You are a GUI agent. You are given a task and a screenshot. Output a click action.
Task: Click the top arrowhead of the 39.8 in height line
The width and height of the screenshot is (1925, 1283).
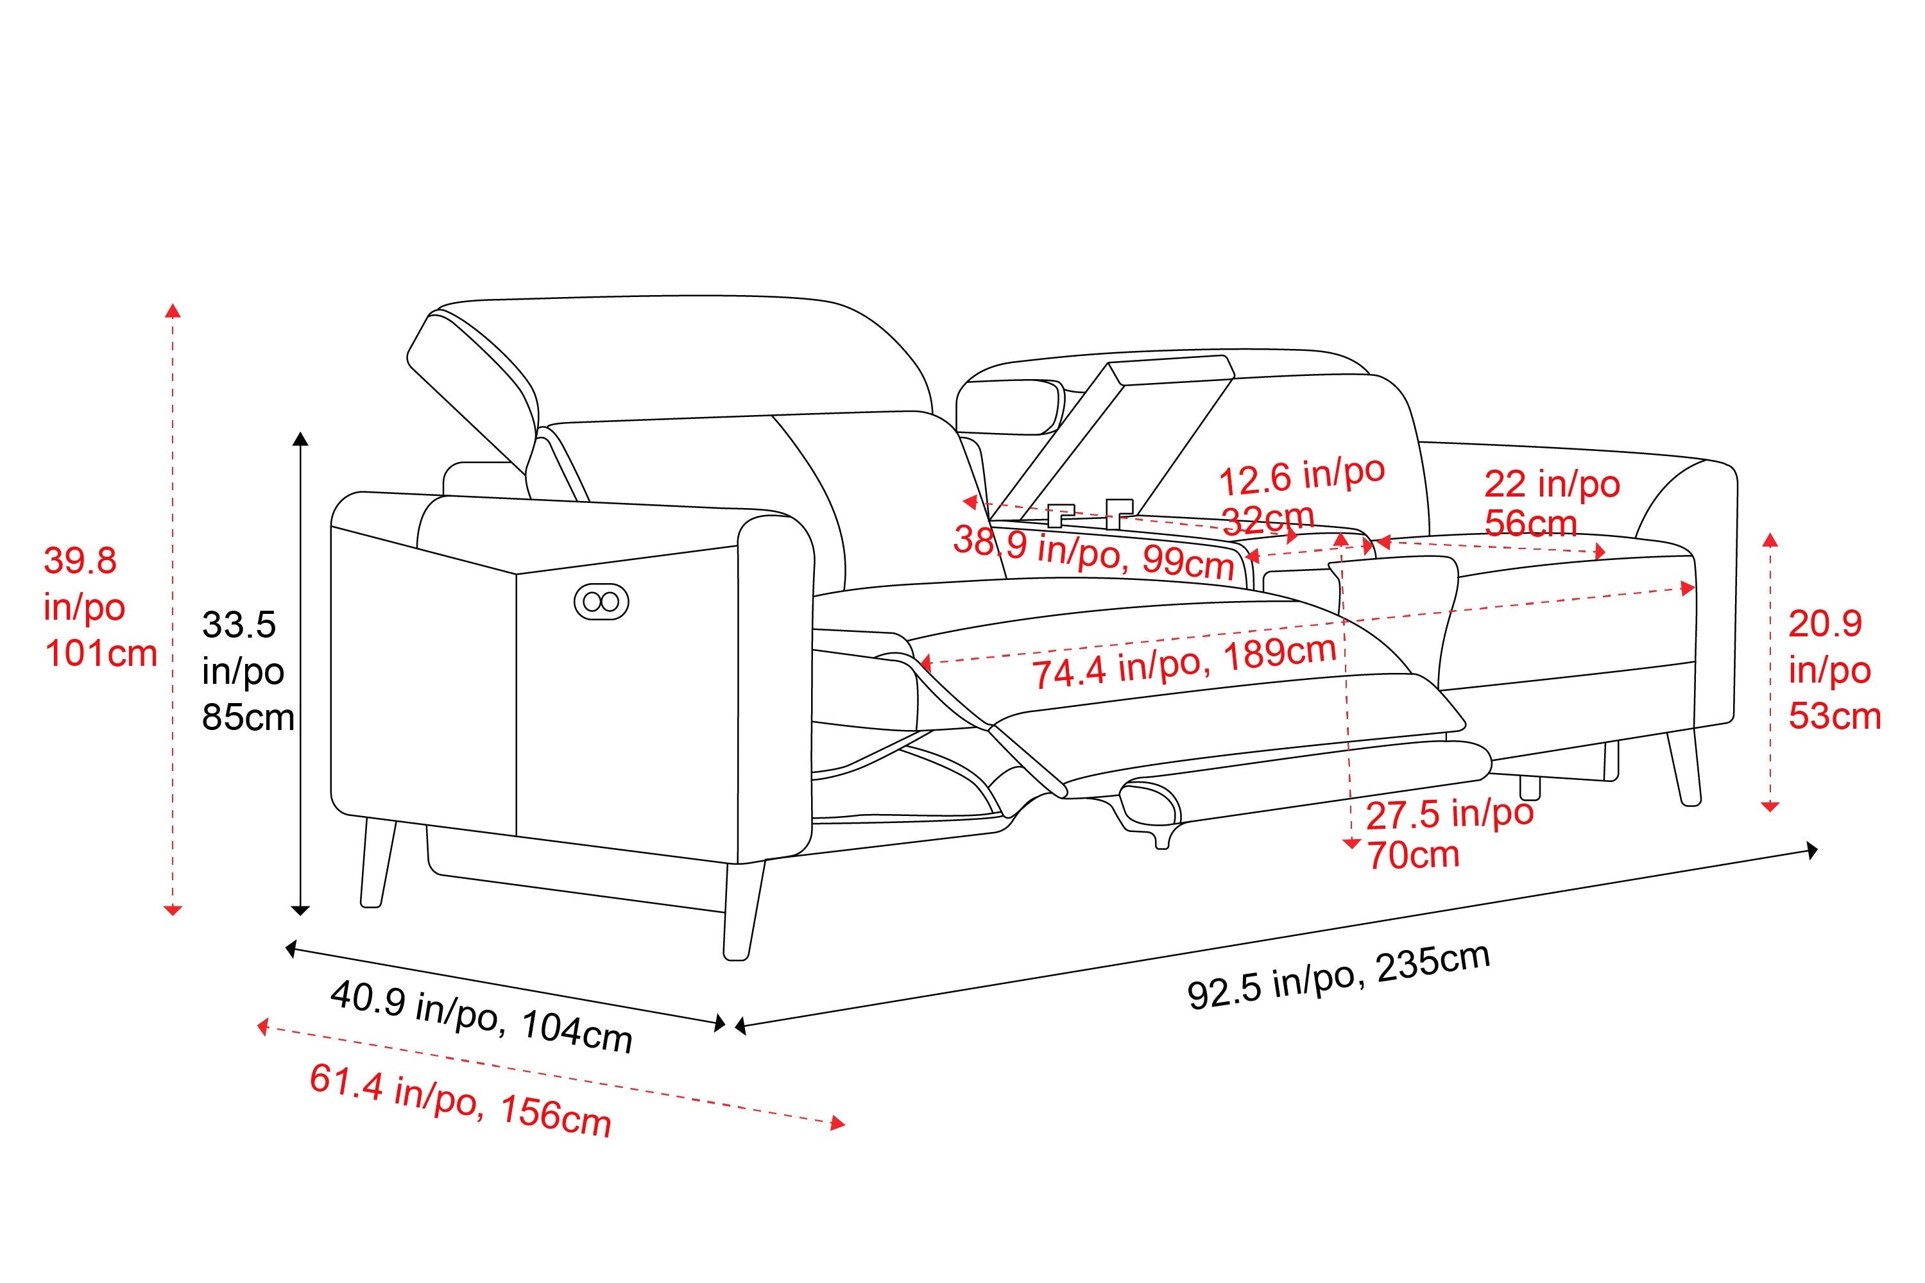click(x=173, y=309)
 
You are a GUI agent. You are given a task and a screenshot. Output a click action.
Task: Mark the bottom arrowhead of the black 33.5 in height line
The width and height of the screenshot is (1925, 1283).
click(x=301, y=910)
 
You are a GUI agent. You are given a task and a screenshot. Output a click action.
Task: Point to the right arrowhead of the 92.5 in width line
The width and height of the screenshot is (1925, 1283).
click(x=1813, y=851)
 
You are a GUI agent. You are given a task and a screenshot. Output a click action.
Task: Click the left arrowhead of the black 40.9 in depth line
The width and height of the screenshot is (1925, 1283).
click(x=290, y=948)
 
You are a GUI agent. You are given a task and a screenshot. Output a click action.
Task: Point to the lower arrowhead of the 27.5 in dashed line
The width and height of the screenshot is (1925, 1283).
click(x=1351, y=844)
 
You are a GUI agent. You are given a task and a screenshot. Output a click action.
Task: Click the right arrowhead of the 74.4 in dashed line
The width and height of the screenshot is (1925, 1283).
click(x=1688, y=588)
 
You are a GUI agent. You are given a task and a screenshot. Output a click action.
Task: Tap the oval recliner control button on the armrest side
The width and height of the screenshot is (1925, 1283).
click(x=602, y=602)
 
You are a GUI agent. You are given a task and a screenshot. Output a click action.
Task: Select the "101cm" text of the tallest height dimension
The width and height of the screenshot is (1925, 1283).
click(x=101, y=654)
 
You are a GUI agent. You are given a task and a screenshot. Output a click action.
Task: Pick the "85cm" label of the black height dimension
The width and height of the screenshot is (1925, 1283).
click(x=248, y=718)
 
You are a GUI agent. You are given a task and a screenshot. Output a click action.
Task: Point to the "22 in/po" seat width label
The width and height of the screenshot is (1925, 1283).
click(x=1552, y=484)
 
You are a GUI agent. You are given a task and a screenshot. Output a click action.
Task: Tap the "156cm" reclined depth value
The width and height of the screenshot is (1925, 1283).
click(x=555, y=1116)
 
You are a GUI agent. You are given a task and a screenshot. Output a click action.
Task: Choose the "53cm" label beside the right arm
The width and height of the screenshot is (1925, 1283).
click(x=1834, y=716)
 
